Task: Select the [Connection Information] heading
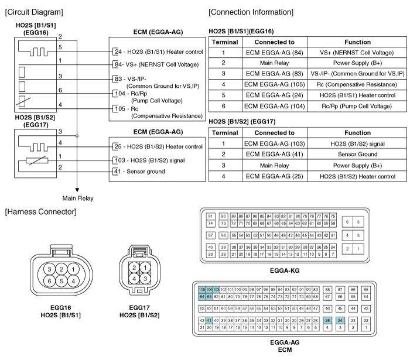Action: pos(251,12)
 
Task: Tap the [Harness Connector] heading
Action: pos(40,211)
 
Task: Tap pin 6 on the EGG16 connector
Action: pos(50,281)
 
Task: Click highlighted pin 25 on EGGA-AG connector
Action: pos(327,321)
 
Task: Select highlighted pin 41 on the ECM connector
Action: pos(209,321)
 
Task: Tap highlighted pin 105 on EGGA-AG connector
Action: pos(202,290)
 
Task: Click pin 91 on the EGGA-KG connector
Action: pos(210,217)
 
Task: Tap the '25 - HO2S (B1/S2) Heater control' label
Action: pos(157,146)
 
